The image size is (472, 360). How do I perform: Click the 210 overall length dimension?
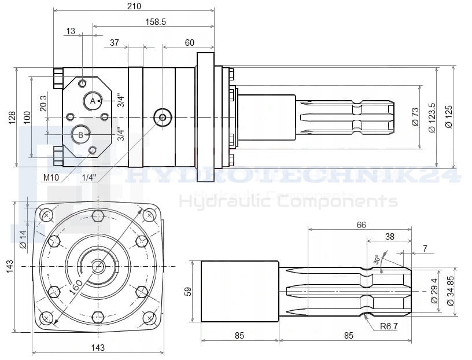point(134,6)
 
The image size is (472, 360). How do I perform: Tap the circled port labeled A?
point(92,101)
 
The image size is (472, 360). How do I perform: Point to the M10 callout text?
point(51,177)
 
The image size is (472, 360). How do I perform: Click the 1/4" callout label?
point(89,177)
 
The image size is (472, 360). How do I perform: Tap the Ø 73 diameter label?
point(415,116)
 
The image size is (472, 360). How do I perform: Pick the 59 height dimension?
point(187,291)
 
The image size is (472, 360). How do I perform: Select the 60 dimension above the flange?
point(190,42)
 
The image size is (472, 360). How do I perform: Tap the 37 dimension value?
point(114,42)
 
